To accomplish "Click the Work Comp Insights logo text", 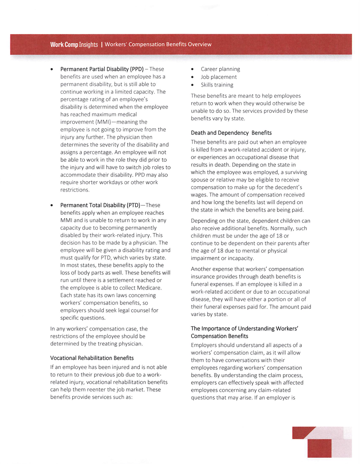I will pos(73,45).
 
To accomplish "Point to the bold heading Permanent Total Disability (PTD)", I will pos(100,205).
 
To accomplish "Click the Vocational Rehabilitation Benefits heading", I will pos(92,358).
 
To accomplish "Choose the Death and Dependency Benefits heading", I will pos(231,133).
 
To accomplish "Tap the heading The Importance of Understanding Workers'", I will pos(244,329).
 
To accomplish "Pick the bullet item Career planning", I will pos(220,69).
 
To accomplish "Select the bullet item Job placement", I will pos(218,77).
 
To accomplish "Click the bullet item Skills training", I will pos(217,85).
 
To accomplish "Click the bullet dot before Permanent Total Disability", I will pos(52,205).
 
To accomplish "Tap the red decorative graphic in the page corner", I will pos(322,442).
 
